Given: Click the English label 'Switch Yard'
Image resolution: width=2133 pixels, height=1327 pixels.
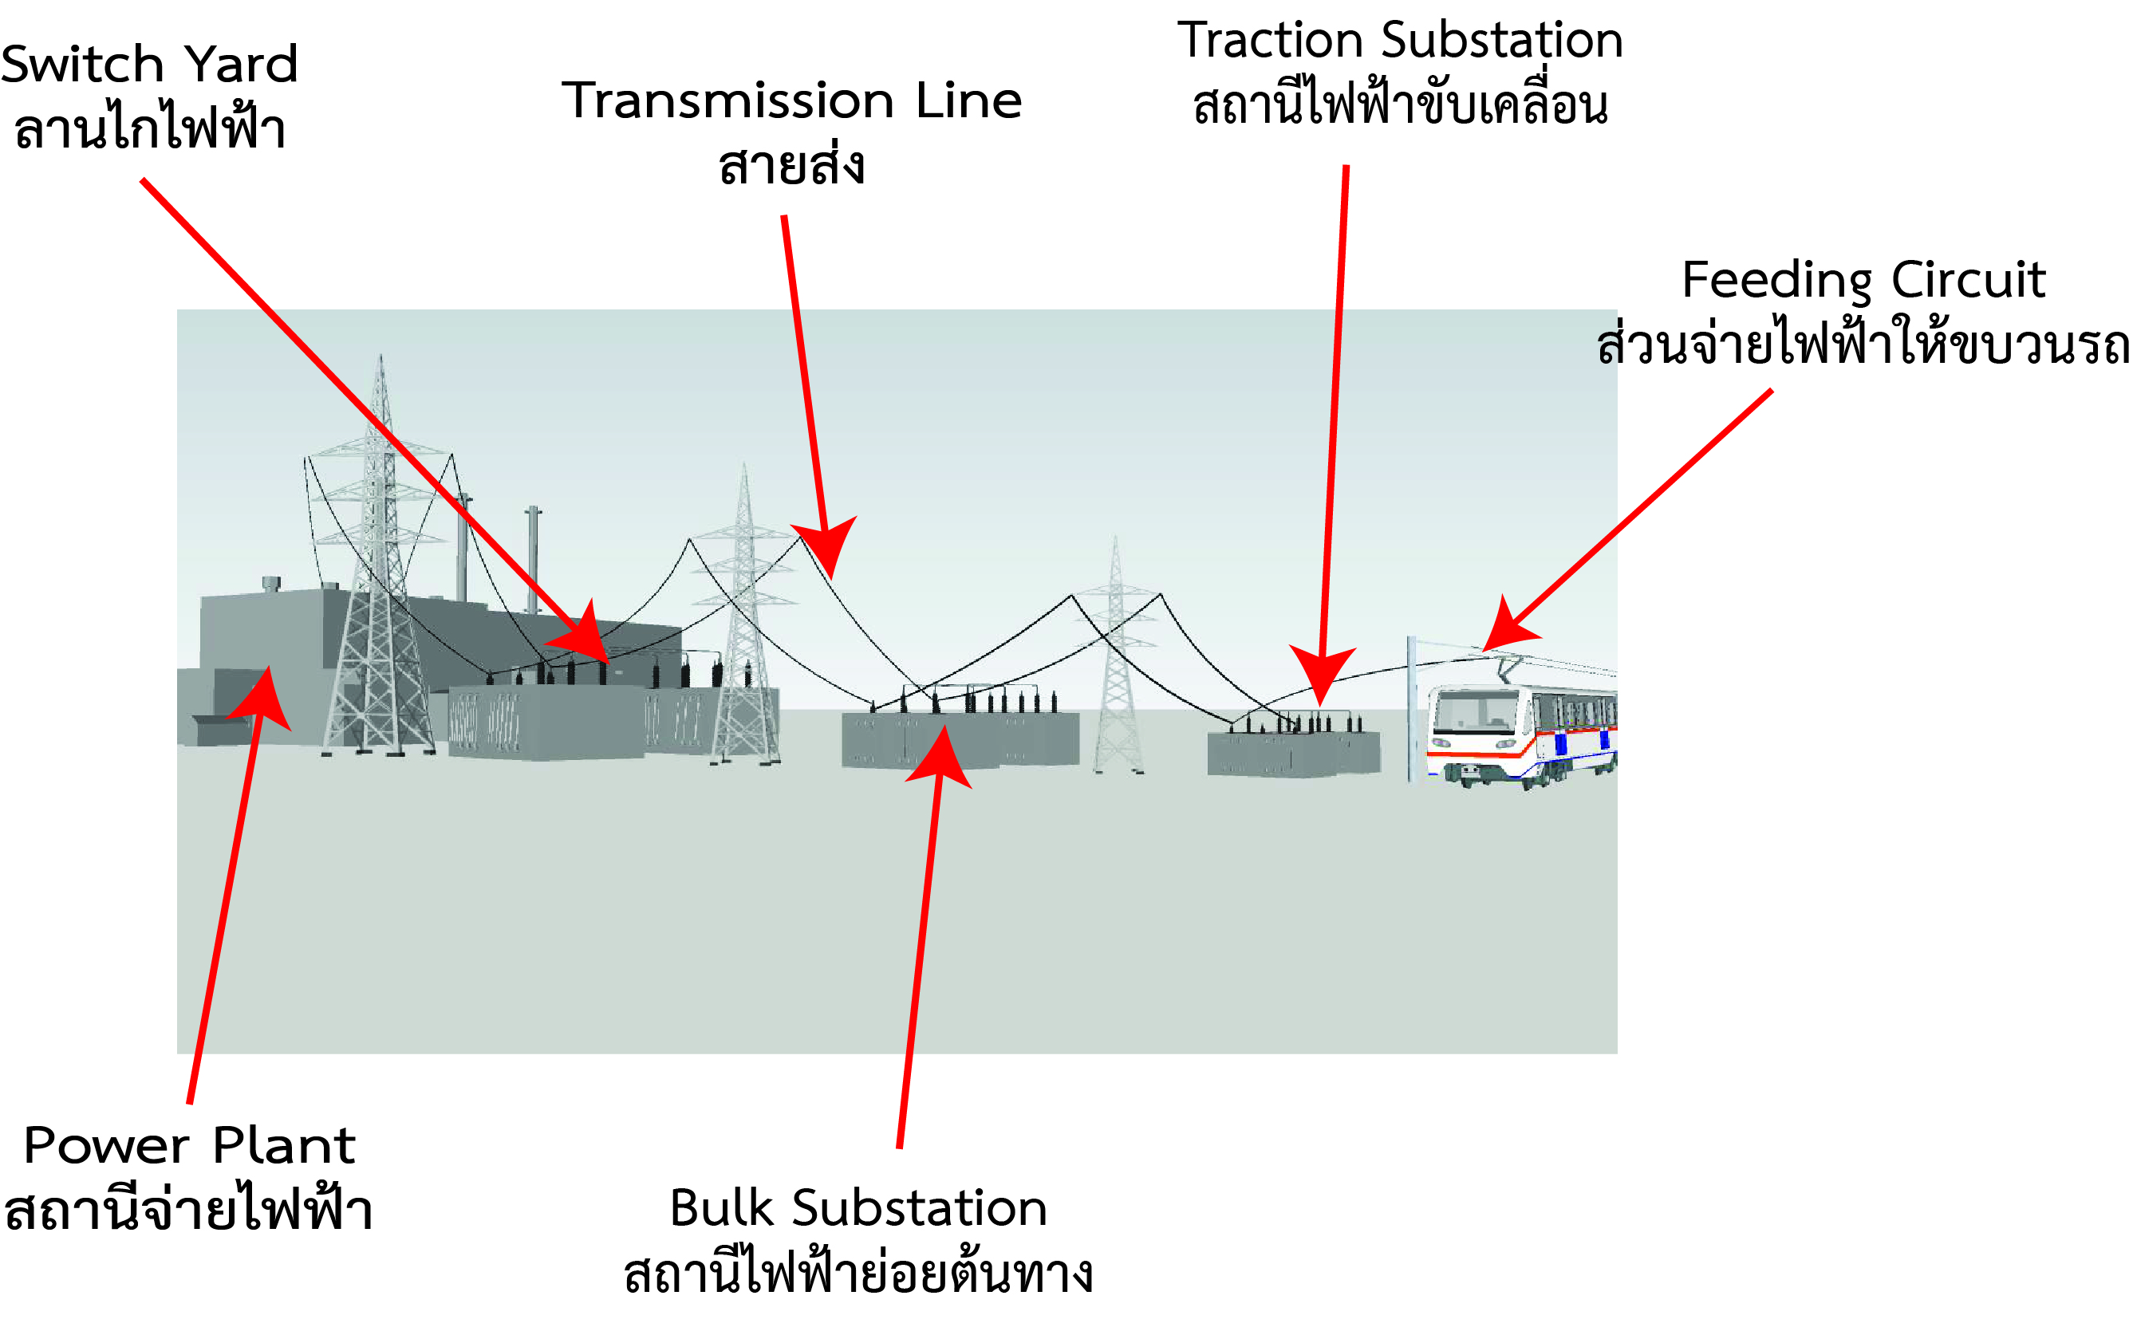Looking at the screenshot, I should [x=149, y=64].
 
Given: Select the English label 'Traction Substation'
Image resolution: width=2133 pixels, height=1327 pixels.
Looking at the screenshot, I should [x=1400, y=41].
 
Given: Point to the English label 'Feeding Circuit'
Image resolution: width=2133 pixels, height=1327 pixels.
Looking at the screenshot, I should [x=1863, y=280].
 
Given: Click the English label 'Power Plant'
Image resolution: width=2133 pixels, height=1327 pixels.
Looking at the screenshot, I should [x=190, y=1145].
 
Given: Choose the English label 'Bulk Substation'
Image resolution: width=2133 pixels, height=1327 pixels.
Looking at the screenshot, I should [x=858, y=1208].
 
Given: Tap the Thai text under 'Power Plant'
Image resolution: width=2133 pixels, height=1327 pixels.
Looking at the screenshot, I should [x=190, y=1211].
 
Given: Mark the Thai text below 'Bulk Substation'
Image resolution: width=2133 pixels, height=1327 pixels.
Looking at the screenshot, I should [x=858, y=1274].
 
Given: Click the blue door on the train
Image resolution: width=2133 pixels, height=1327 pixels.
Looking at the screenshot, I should [x=1561, y=744].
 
